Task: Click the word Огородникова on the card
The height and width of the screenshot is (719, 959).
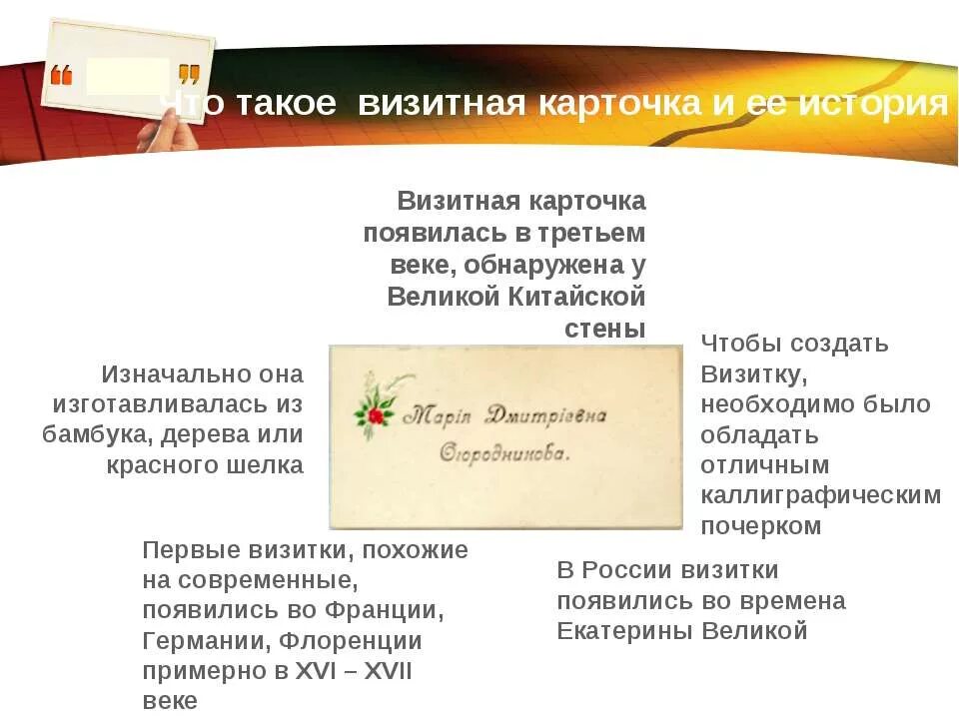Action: [505, 452]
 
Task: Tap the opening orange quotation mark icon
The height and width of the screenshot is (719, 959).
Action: [62, 75]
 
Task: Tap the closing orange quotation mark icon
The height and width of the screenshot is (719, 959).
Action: [189, 75]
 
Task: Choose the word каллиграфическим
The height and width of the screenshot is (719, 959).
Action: [820, 495]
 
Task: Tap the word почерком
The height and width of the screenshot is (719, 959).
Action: [760, 526]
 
